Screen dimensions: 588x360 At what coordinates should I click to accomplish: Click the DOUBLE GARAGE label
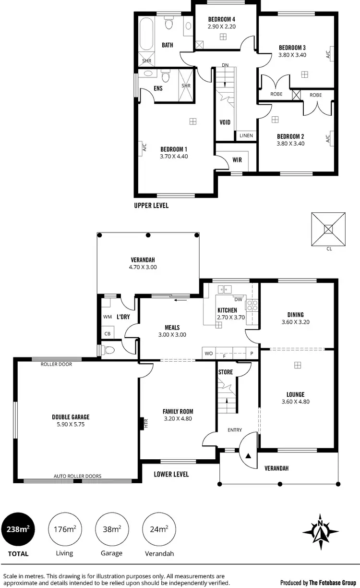click(71, 417)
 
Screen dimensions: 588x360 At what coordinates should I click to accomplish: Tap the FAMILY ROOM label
click(178, 412)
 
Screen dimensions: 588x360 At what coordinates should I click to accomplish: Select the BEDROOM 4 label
click(221, 19)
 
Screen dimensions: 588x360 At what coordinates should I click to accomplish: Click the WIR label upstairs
click(237, 159)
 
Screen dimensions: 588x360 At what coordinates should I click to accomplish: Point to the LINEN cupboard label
click(246, 136)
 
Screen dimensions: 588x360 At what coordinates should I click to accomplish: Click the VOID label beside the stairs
click(225, 122)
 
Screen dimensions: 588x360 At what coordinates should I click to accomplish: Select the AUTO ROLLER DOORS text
click(77, 477)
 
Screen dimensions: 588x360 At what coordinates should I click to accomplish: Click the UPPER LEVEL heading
click(151, 205)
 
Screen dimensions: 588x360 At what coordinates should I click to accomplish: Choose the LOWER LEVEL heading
click(171, 474)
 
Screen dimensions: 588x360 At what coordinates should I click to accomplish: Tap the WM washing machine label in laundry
click(107, 317)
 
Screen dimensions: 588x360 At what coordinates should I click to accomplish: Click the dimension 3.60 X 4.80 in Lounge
click(296, 402)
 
